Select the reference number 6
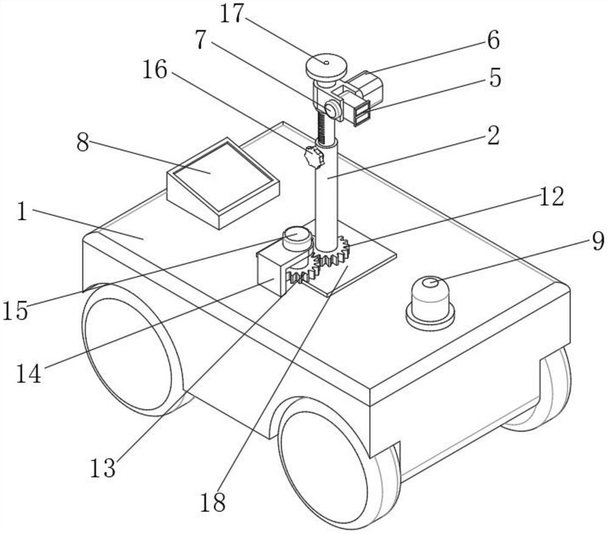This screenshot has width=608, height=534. [x=492, y=41]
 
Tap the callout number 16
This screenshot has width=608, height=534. [x=154, y=70]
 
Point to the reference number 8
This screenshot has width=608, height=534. [x=83, y=144]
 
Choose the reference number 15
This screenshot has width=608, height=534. [x=14, y=311]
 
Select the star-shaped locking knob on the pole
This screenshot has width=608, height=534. [x=314, y=158]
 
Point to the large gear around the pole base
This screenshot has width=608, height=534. [x=333, y=255]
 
